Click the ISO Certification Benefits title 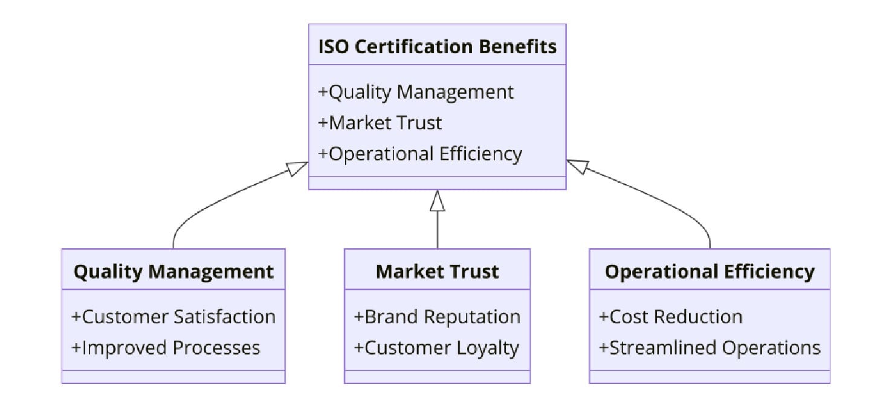pyautogui.click(x=437, y=46)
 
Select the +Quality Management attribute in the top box pyautogui.click(x=416, y=92)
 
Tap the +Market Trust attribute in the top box pyautogui.click(x=380, y=123)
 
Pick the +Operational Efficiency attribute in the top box pyautogui.click(x=420, y=154)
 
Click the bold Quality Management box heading pyautogui.click(x=173, y=271)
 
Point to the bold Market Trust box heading pyautogui.click(x=437, y=271)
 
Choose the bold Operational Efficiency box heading pyautogui.click(x=710, y=271)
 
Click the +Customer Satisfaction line pyautogui.click(x=173, y=316)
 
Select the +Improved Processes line pyautogui.click(x=166, y=348)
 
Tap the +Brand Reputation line pyautogui.click(x=437, y=316)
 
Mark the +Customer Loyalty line pyautogui.click(x=436, y=348)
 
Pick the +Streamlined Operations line pyautogui.click(x=710, y=348)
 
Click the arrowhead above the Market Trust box pyautogui.click(x=437, y=201)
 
